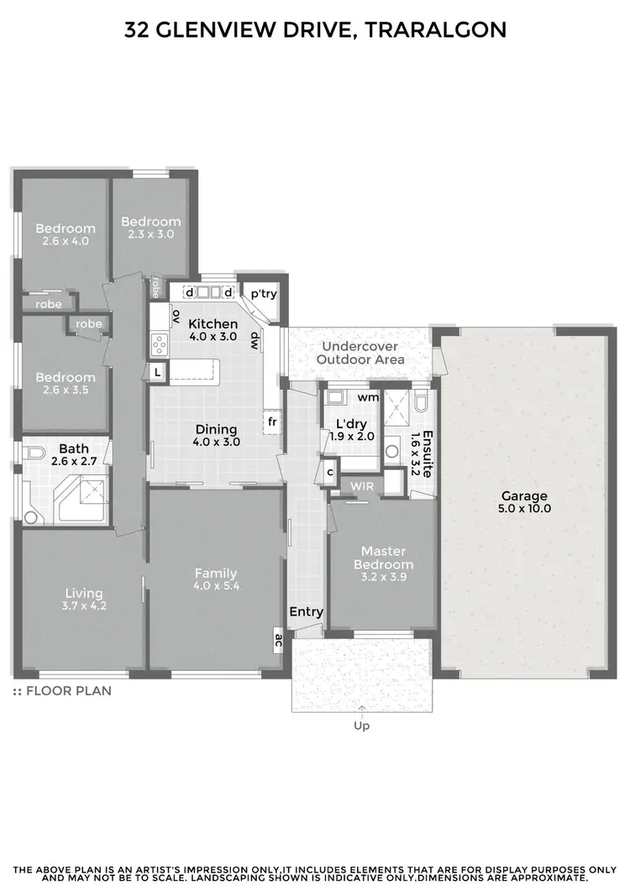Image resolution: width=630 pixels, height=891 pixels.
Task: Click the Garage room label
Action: pos(525,495)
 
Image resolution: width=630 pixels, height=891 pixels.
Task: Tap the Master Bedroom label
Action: pos(383,558)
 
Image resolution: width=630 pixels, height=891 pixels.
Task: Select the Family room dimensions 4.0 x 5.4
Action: pos(216,586)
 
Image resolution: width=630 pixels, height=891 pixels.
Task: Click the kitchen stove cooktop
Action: pos(158,343)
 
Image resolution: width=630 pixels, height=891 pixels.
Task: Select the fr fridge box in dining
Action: pos(272,422)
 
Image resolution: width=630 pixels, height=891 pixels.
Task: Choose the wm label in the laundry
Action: pos(367,396)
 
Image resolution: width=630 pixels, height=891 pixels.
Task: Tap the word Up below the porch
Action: pos(362,726)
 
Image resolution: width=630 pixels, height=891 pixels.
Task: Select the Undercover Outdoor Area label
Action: pos(363,353)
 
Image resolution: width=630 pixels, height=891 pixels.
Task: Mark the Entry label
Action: pos(306,612)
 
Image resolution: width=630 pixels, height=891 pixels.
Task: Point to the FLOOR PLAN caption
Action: pos(67,691)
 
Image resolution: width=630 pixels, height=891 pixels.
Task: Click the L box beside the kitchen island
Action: pos(157,371)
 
